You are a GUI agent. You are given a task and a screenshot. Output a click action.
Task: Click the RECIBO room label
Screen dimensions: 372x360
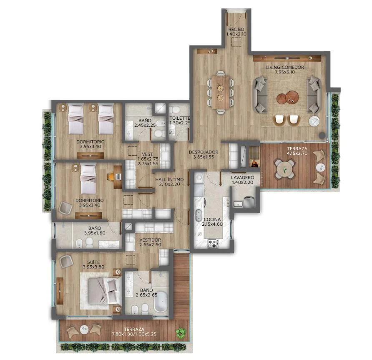236,29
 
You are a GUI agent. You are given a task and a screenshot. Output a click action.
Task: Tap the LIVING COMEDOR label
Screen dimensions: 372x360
285,67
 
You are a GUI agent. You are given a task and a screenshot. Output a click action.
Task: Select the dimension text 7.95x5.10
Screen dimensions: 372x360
285,72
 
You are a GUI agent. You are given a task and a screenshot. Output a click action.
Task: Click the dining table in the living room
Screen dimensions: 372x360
221,92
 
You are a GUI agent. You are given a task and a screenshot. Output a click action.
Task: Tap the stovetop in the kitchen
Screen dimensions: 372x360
213,243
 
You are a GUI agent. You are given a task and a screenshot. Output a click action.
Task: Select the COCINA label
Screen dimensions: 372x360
212,219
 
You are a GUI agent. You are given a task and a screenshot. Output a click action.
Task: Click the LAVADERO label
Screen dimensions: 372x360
242,178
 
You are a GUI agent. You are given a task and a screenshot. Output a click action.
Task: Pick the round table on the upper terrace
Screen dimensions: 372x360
285,169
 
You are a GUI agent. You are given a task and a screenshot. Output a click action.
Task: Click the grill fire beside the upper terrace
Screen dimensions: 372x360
254,164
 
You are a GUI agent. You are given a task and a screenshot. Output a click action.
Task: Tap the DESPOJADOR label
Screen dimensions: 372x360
204,152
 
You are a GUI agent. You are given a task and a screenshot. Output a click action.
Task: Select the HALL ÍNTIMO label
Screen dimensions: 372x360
169,179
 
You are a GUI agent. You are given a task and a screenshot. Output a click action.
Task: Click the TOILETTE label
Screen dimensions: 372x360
180,118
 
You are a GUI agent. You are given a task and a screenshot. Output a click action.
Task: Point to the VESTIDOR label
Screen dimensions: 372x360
150,240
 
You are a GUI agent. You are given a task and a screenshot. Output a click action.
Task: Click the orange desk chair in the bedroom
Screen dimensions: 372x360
111,176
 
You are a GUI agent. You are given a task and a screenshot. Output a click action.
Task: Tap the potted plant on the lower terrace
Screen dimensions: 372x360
181,332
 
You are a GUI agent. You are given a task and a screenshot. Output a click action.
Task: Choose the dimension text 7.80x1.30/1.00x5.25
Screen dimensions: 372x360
134,334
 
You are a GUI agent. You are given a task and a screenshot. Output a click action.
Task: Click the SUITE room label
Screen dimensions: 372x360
93,262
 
